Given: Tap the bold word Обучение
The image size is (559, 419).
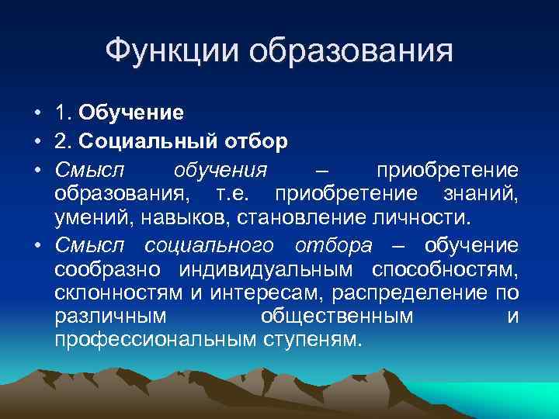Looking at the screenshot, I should pos(131,113).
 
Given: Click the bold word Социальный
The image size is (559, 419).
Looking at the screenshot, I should pos(145,142).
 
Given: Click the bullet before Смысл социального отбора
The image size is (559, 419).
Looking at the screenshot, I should pos(37,246).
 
